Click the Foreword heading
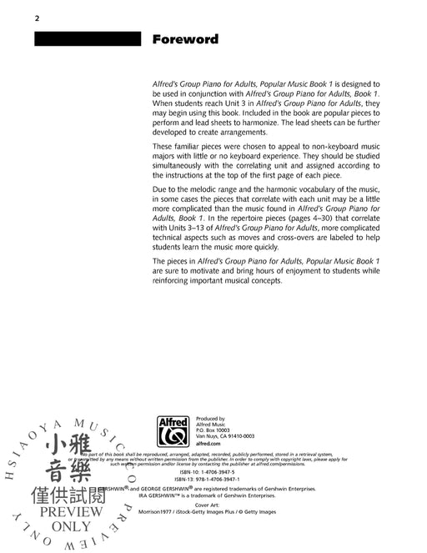[x=184, y=38]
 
